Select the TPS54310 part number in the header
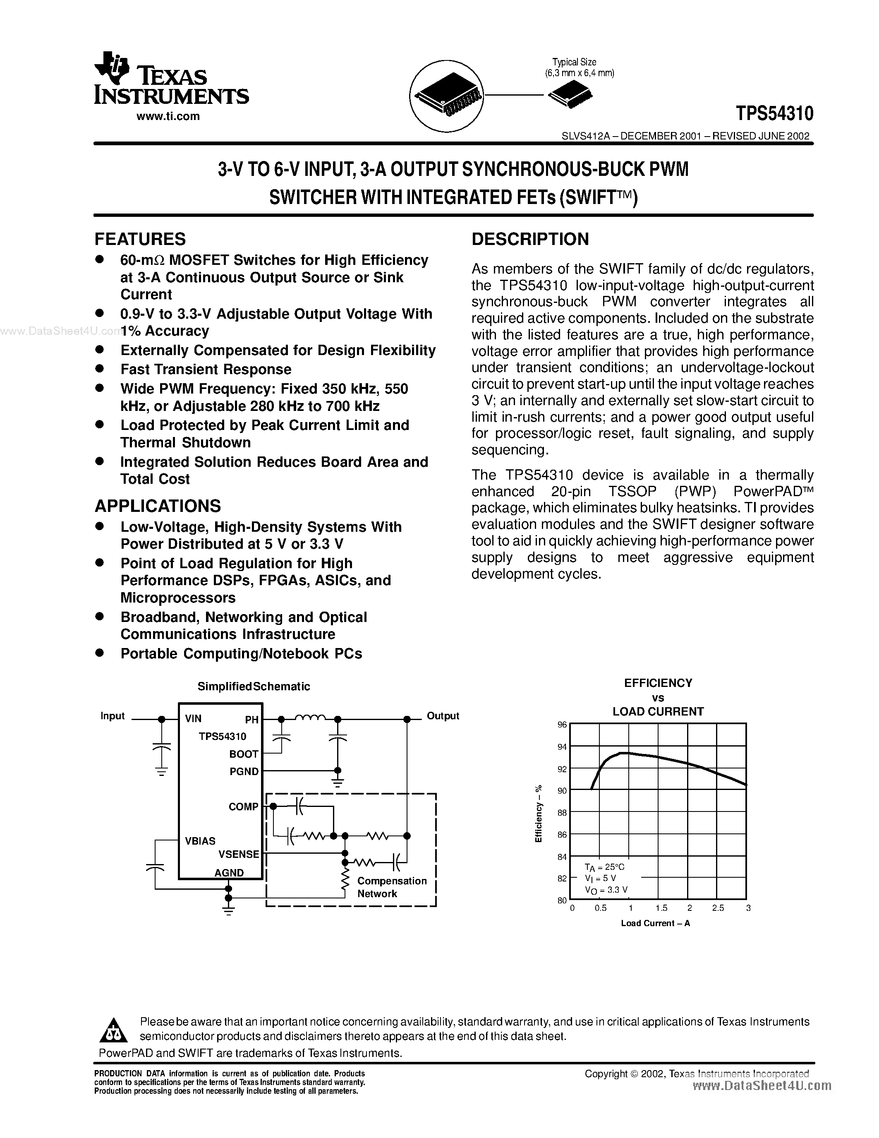pos(774,113)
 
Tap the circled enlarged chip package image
pos(447,95)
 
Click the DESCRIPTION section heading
pos(530,239)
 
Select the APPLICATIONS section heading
pos(157,506)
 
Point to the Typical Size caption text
pos(575,62)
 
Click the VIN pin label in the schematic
pos(193,718)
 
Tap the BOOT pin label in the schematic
pos(244,754)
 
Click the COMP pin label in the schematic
pos(243,807)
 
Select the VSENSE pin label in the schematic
pos(239,854)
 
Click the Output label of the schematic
pos(443,716)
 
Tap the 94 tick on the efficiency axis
pos(562,747)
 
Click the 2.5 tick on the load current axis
pos(718,908)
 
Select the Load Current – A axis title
pos(655,923)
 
